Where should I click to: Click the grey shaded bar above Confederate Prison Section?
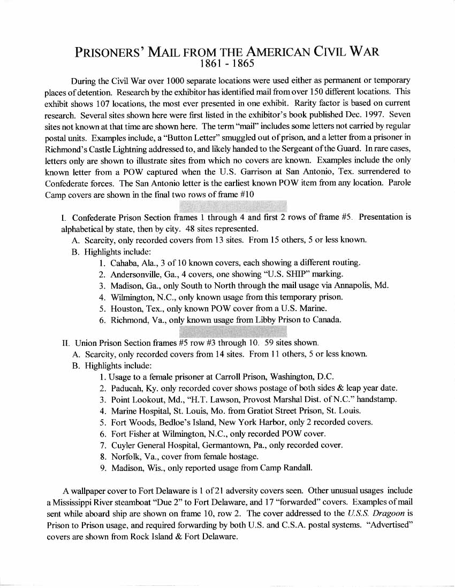[x=233, y=206]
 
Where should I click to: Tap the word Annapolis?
[x=352, y=285]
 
